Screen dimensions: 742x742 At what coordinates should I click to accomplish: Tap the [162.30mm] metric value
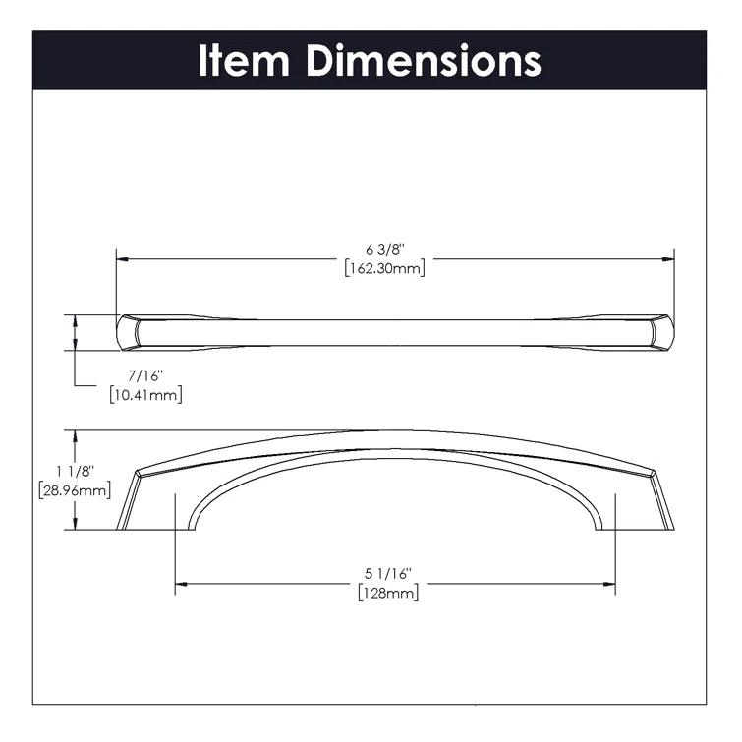tap(384, 268)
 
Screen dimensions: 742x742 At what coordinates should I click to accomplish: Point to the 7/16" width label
tap(144, 375)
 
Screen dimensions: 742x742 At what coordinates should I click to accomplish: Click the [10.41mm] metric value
tap(144, 394)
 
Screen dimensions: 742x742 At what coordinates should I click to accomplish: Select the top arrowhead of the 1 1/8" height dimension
tap(73, 434)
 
